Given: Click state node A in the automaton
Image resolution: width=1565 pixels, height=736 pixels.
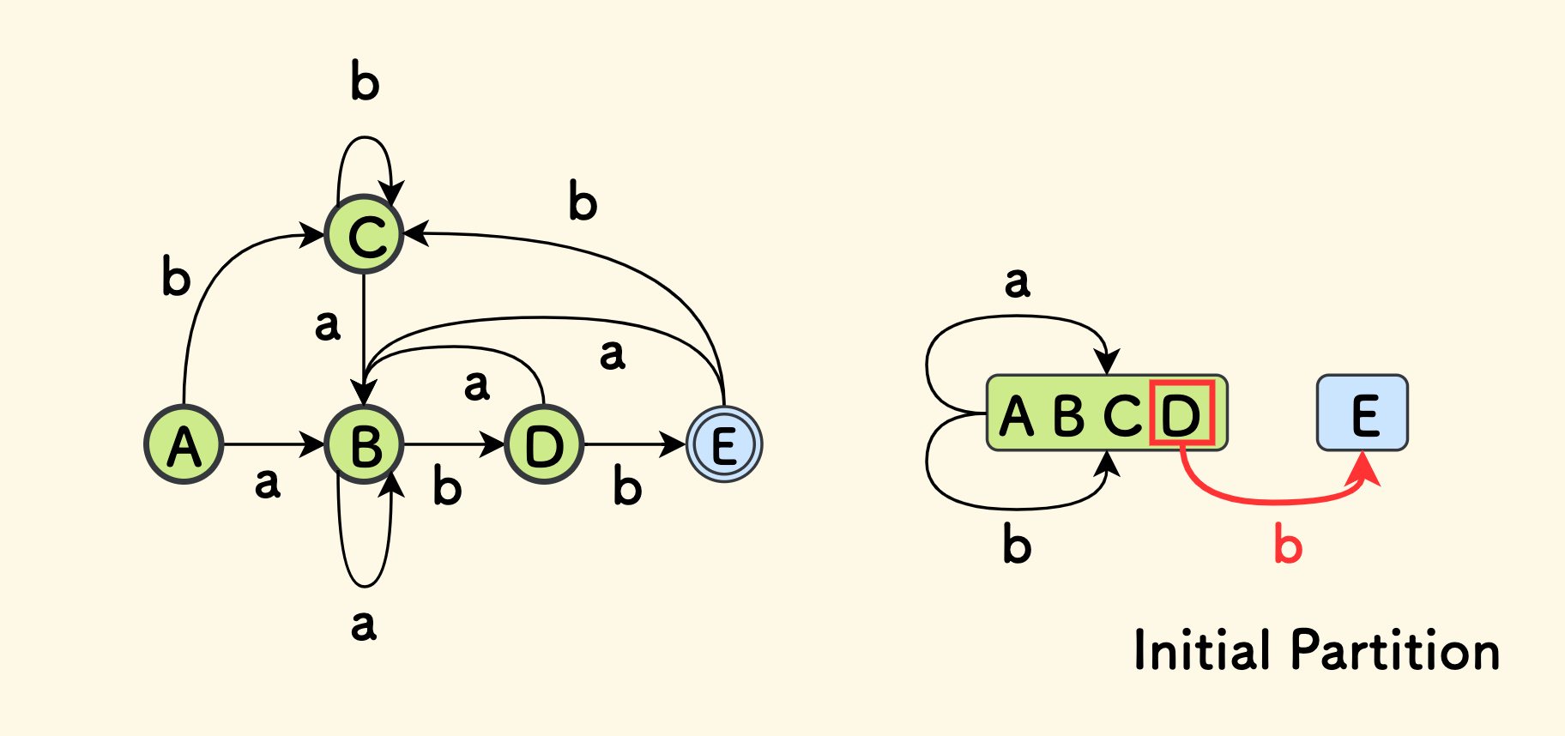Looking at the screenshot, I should [x=184, y=444].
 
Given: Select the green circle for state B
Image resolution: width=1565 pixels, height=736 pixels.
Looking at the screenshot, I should [x=365, y=444].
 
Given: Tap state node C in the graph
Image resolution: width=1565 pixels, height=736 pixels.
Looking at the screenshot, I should [x=365, y=234].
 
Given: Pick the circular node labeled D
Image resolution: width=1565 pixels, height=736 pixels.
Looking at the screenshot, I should [x=544, y=444].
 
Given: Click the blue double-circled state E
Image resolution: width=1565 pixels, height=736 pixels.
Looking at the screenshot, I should [x=724, y=444].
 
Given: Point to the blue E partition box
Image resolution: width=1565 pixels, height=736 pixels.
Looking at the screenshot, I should [x=1362, y=413].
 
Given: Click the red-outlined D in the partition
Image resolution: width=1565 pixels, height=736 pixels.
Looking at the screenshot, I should [x=1181, y=413].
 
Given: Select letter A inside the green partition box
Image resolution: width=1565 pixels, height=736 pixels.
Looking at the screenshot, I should [x=1018, y=416].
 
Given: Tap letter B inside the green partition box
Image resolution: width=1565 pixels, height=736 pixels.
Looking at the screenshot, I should [x=1069, y=416].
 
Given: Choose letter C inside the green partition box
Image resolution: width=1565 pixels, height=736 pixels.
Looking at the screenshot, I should [x=1122, y=416].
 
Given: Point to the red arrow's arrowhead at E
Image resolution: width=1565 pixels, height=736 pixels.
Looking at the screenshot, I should [x=1367, y=469].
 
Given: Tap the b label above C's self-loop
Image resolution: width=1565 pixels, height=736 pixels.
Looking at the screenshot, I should [x=365, y=81].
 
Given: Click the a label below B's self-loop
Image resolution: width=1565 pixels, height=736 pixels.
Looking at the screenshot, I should [x=364, y=624].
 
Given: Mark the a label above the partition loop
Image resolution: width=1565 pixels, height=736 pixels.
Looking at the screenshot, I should [x=1018, y=281].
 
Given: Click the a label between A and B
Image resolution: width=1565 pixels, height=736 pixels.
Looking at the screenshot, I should [x=268, y=483].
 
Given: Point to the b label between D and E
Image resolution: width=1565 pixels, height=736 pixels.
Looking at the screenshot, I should [x=627, y=487].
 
